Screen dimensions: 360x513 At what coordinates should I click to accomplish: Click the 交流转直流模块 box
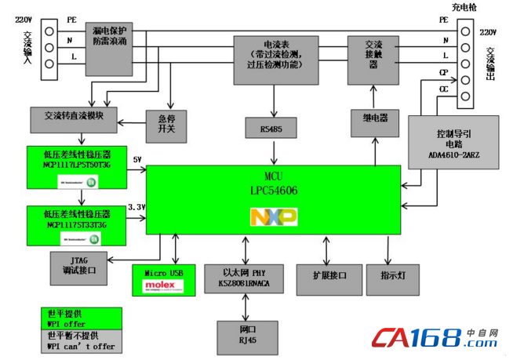(74, 115)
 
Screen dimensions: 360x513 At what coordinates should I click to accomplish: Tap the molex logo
(163, 287)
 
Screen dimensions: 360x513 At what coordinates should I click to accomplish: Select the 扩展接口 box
(327, 275)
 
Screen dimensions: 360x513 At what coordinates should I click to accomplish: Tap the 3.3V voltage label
(136, 205)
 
